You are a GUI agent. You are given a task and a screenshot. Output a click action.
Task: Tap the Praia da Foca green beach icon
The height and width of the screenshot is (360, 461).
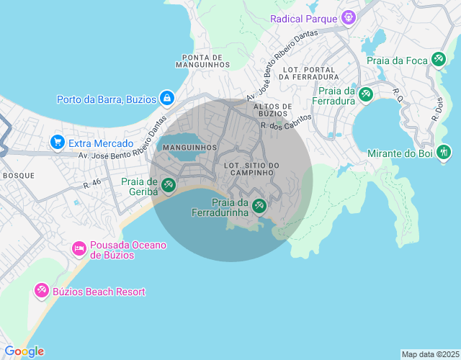click(x=438, y=60)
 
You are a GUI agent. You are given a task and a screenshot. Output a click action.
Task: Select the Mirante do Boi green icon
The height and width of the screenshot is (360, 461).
click(x=444, y=153)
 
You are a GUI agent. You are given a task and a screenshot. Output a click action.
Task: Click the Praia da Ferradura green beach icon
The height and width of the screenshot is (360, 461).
click(x=365, y=94)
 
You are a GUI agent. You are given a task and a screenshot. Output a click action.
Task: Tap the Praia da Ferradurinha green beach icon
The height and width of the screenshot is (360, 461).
click(x=259, y=207)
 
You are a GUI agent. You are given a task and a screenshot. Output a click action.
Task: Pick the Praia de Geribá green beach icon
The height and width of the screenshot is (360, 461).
click(x=169, y=186)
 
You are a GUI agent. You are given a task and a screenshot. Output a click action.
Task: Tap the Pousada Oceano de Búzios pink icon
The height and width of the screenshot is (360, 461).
click(x=79, y=249)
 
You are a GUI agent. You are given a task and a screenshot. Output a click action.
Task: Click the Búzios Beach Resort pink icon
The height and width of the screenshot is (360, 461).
click(x=42, y=291)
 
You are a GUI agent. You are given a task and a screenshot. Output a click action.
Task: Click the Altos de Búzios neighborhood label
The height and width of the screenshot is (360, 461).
click(x=273, y=109)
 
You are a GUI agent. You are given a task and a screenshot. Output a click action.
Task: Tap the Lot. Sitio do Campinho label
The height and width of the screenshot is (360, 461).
click(x=251, y=170)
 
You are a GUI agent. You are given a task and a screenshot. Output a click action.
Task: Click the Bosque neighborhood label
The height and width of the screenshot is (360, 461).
click(x=19, y=175)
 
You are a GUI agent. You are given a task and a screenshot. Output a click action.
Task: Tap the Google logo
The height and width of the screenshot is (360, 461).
click(x=24, y=351)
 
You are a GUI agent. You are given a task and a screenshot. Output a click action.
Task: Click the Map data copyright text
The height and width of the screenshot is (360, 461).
click(x=429, y=354)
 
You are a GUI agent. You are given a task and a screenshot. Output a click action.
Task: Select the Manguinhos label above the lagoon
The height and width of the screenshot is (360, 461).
click(x=190, y=148)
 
